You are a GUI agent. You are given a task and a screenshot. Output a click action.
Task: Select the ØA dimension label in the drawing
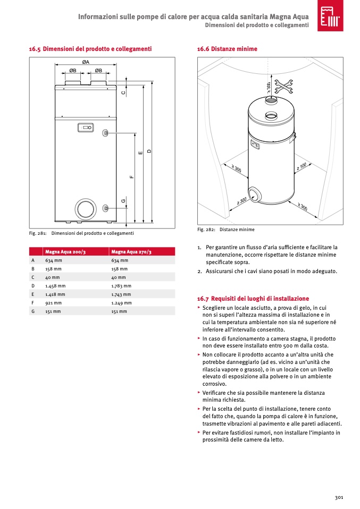pos(86,63)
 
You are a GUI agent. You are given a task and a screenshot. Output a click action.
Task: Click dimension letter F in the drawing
pos(131,176)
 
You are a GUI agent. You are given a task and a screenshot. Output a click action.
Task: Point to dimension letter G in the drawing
pos(123,201)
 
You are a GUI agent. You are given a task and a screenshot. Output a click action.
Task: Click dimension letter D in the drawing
pos(149,151)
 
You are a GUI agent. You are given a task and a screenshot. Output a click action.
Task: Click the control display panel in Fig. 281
pos(85,128)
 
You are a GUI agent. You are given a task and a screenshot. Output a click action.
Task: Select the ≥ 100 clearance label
pos(302,167)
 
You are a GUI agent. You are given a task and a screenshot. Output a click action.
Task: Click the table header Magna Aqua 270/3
pos(131,252)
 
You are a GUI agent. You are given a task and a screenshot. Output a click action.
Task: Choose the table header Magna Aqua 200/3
pos(65,252)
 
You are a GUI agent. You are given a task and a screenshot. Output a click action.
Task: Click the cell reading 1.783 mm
pos(121,286)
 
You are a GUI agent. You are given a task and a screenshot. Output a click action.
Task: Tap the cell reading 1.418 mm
pos(55,294)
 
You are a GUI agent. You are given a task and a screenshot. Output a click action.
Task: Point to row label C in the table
pos(33,277)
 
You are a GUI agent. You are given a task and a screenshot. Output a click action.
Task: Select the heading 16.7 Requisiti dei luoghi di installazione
pos(253,299)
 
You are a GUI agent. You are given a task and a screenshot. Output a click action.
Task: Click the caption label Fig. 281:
pos(38,233)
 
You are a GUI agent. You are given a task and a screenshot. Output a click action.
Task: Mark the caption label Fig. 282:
pos(206,230)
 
